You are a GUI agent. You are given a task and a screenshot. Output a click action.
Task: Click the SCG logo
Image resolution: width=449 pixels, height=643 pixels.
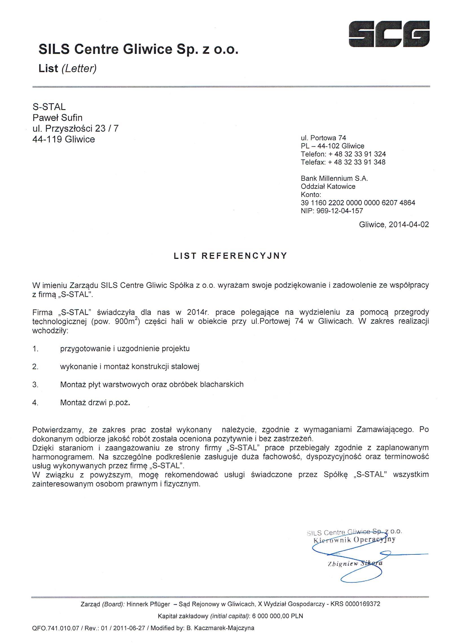pos(389,34)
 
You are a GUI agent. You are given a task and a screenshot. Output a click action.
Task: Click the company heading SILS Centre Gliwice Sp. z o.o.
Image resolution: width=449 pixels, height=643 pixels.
pos(138,49)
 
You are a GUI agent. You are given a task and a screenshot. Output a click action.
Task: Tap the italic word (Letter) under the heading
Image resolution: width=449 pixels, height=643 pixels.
pos(79,68)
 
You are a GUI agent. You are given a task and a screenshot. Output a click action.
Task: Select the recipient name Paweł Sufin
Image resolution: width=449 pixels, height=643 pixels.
pos(58,117)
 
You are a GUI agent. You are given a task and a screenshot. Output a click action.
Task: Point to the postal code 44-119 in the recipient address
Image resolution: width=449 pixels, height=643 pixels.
pos(47,139)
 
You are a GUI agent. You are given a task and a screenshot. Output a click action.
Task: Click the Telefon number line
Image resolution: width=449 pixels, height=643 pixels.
pos(343,154)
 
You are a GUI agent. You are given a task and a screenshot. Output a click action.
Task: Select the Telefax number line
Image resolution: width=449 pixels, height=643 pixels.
pos(343,162)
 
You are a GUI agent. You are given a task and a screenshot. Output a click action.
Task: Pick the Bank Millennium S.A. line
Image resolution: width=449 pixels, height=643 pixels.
pos(334,178)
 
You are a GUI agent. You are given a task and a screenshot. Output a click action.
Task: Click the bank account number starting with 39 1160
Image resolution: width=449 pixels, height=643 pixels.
pos(358,202)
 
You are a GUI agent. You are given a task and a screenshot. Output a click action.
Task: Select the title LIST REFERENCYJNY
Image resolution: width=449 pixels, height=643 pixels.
pos(230,256)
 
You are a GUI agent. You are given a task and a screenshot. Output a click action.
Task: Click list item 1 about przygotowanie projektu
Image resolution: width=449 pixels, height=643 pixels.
pos(125,349)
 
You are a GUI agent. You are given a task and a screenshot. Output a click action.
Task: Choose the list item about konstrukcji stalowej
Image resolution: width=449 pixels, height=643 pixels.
pos(130,367)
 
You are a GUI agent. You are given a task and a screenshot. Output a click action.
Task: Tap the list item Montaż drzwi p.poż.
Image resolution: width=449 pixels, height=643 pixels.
pos(95,403)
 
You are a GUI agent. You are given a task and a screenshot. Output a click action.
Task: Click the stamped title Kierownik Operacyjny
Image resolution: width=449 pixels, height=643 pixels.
pos(355,540)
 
